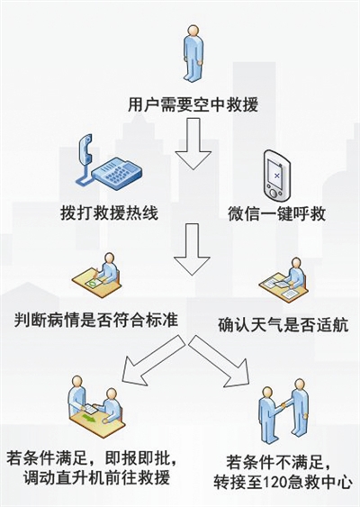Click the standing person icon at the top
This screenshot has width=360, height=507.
193,54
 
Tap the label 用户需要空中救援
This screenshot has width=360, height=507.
193,104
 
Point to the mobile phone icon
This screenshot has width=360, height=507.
276,177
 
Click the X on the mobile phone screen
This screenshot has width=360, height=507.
276,176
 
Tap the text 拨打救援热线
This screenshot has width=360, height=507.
109,213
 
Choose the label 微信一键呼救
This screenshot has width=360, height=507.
276,213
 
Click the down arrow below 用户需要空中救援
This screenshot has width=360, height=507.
193,143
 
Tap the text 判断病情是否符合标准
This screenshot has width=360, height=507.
96,320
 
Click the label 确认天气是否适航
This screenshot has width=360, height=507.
283,325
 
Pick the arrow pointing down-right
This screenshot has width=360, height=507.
221,361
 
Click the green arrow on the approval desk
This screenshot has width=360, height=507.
89,418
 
